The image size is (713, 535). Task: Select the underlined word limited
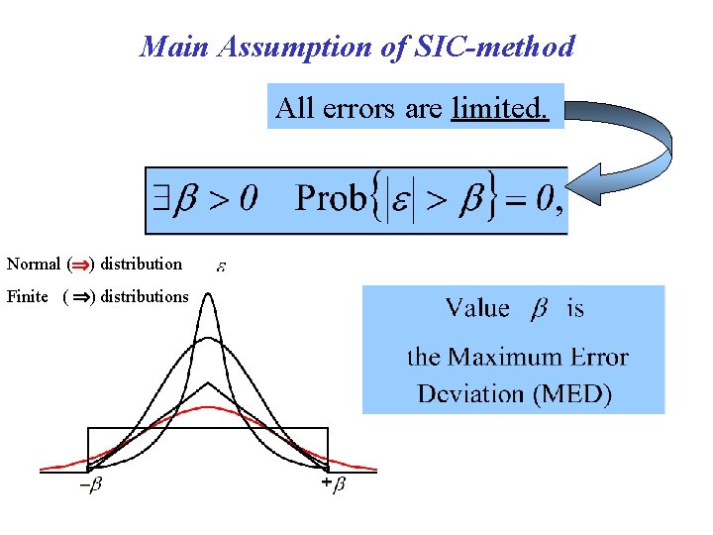498,107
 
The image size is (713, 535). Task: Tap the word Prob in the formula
330,199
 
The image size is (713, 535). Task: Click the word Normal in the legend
33,264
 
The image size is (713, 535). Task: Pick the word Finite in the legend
28,296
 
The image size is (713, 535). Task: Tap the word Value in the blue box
477,308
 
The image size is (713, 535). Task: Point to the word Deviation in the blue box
470,393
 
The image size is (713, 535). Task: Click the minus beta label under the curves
90,485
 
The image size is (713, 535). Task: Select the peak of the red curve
208,407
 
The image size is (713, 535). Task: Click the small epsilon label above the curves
221,267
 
